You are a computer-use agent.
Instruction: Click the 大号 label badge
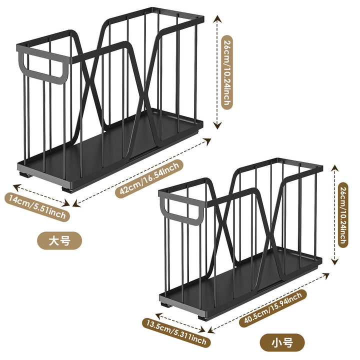pyautogui.click(x=59, y=240)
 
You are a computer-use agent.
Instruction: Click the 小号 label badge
pyautogui.click(x=282, y=343)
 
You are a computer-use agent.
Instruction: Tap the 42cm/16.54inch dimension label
pyautogui.click(x=149, y=178)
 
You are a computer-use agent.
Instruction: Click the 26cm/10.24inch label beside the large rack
pyautogui.click(x=227, y=72)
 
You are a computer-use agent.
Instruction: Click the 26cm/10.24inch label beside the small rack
pyautogui.click(x=343, y=215)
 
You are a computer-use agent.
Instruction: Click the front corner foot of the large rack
pyautogui.click(x=67, y=189)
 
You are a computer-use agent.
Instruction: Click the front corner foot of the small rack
pyautogui.click(x=203, y=318)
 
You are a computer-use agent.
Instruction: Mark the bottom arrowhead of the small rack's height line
pyautogui.click(x=335, y=261)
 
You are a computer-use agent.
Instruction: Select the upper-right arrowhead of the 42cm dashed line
pyautogui.click(x=208, y=141)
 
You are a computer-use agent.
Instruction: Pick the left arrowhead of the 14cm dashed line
pyautogui.click(x=17, y=187)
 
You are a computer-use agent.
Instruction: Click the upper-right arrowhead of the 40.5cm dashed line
pyautogui.click(x=326, y=275)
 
